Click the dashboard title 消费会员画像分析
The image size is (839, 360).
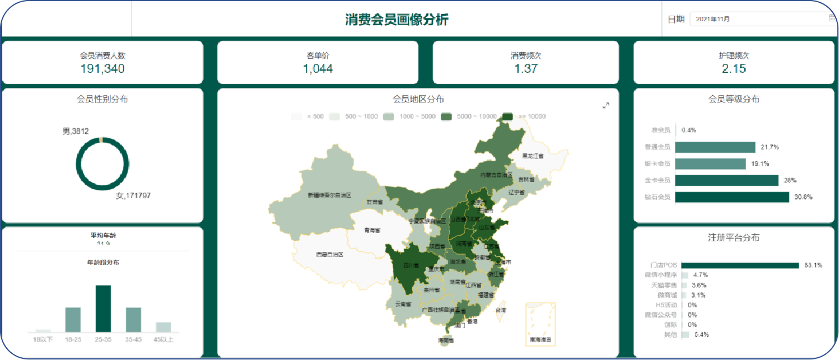coord(397,20)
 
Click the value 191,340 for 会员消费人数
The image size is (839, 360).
coord(102,69)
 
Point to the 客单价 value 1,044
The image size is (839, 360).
coord(318,69)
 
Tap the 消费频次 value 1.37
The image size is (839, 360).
coord(525,69)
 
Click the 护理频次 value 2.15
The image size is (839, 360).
coord(734,69)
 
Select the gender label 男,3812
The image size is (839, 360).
coord(76,131)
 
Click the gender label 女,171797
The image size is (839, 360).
coord(133,195)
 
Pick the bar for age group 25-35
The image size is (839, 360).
coord(103,308)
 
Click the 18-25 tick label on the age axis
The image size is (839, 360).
coord(73,340)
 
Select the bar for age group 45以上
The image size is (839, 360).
coord(163,327)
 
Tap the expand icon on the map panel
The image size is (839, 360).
coord(605,105)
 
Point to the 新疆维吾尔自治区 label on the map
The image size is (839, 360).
coord(329,195)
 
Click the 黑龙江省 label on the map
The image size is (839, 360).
coord(533,156)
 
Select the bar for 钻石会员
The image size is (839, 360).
coord(731,197)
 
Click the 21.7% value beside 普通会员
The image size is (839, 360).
coord(770,147)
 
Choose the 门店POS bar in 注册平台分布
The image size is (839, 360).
coord(739,265)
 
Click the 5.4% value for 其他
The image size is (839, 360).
coord(701,335)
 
